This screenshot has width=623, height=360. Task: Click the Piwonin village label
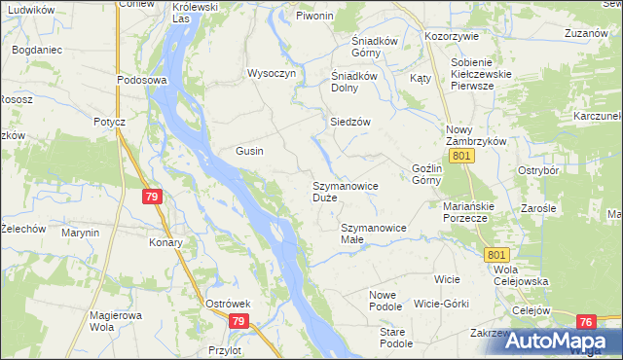[x=314, y=17]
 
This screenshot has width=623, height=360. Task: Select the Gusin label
[x=250, y=151]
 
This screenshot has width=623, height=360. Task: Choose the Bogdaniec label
[x=38, y=48]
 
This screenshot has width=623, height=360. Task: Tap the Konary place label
[x=165, y=242]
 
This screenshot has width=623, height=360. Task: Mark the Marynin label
[x=80, y=233]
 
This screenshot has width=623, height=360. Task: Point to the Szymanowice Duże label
[x=345, y=191]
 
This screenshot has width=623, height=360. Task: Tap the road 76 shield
[x=585, y=322]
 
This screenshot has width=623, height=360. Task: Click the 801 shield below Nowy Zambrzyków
[x=462, y=156]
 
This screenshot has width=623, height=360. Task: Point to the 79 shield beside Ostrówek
[x=239, y=320]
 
